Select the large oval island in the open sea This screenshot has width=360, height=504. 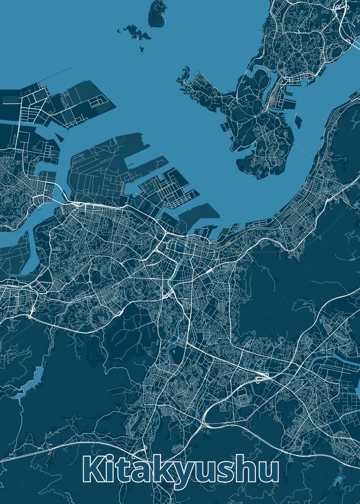[158, 13]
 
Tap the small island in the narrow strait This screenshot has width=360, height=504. [298, 122]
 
